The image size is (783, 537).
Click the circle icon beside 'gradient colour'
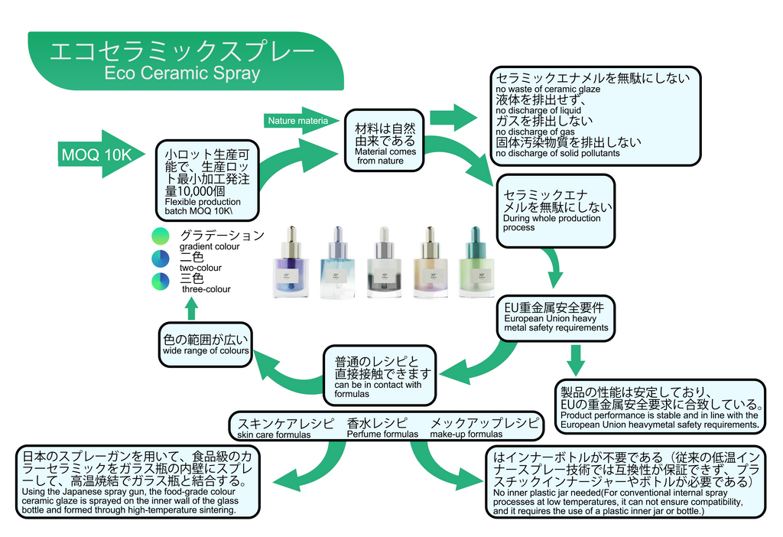[x=161, y=236]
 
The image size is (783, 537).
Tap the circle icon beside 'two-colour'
[x=161, y=258]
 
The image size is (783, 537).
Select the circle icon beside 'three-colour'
[x=161, y=280]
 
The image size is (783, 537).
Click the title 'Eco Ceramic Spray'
[x=182, y=74]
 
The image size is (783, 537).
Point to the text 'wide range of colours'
[x=206, y=351]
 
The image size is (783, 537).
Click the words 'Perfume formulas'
[x=382, y=434]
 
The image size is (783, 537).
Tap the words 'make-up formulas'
[x=466, y=434]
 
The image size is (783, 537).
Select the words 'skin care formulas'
[x=274, y=435]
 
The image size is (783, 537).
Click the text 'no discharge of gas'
[x=534, y=132]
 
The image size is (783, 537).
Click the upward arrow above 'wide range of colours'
[x=191, y=308]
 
